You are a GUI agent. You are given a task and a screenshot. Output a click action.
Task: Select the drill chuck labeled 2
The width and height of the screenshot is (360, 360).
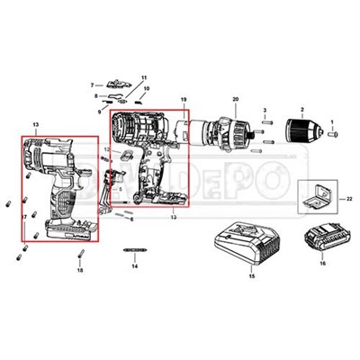[301, 129]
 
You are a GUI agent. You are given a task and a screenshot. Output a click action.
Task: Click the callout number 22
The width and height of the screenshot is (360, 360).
[350, 197]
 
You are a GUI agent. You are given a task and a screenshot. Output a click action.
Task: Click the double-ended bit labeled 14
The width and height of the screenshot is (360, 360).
[134, 249]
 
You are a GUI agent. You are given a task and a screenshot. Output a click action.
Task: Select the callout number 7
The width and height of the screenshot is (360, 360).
[92, 85]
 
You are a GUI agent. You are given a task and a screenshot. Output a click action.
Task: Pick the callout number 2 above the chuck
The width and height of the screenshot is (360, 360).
[301, 108]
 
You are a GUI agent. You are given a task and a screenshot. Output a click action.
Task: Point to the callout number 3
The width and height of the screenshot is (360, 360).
[266, 110]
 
